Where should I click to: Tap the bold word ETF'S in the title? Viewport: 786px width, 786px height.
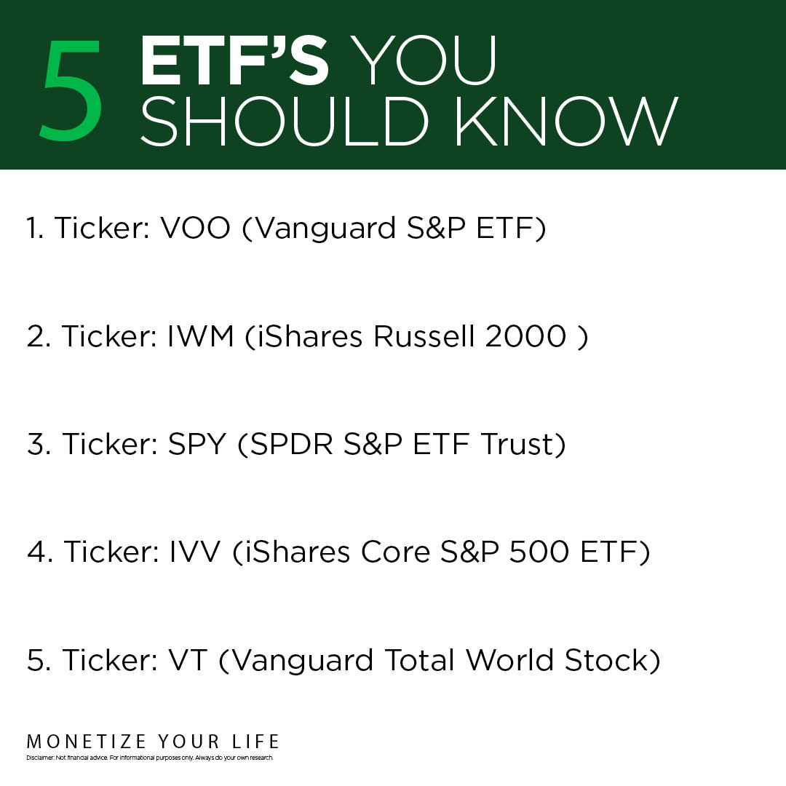[234, 61]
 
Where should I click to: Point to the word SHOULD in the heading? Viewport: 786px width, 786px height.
[285, 122]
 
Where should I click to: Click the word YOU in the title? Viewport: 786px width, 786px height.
[423, 61]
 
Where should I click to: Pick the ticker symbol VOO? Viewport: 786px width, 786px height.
[196, 228]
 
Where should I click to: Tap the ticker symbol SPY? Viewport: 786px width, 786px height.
[197, 444]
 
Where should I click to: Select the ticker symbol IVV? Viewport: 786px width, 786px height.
[195, 552]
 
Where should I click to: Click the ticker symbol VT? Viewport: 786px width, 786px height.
[188, 660]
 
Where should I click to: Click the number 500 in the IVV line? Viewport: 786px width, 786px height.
[539, 552]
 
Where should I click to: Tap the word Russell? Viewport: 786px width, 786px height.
[424, 336]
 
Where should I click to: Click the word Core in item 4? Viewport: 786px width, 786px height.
[395, 552]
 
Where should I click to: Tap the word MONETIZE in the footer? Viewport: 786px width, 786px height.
[86, 742]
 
